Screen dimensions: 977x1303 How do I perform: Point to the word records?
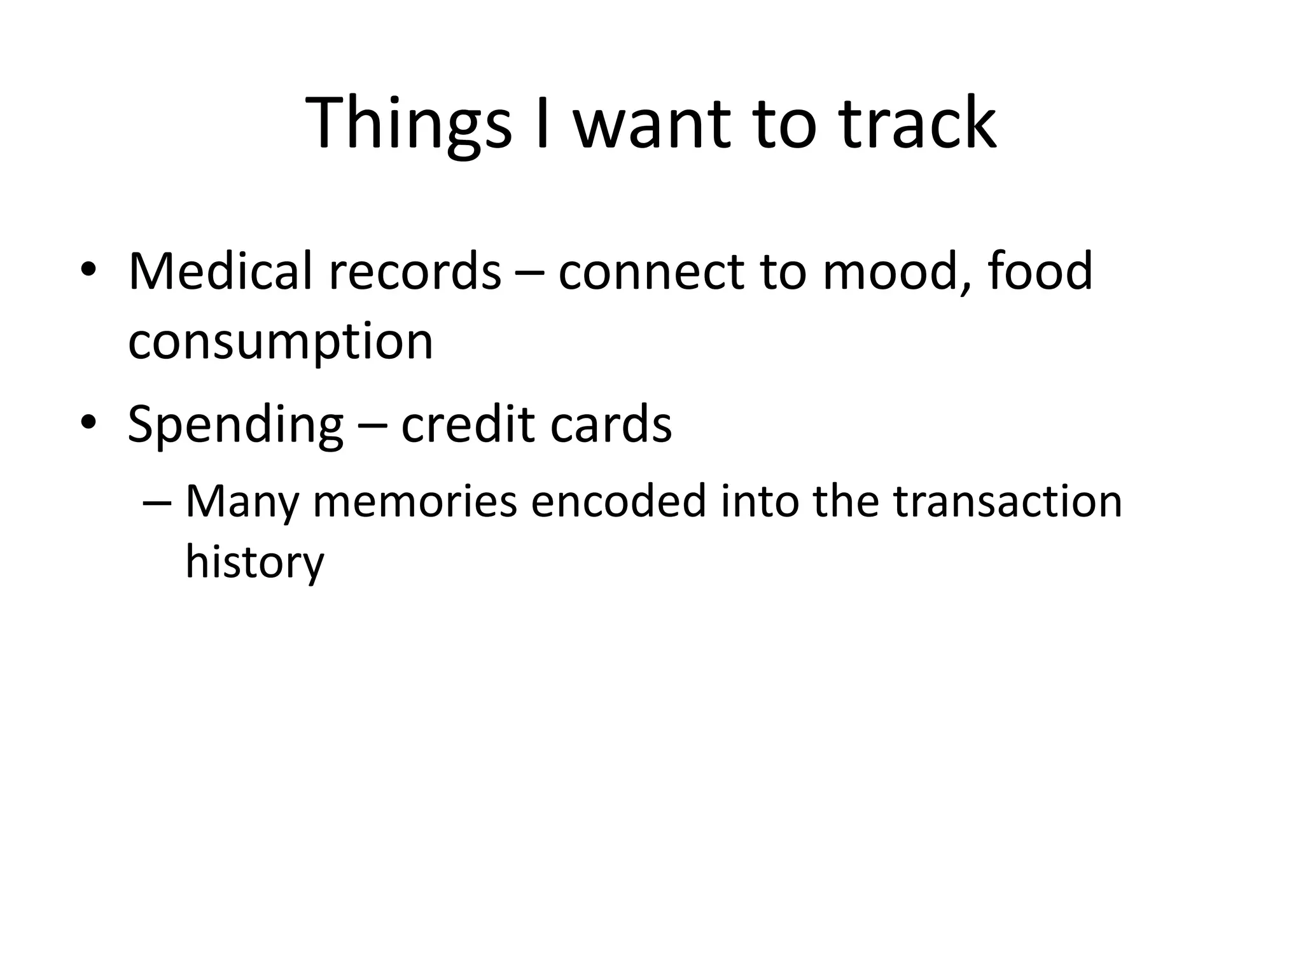415,272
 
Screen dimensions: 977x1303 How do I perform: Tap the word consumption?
281,343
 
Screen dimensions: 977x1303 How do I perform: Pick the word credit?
468,424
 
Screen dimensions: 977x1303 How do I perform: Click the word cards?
611,424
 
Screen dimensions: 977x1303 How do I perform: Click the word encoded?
618,502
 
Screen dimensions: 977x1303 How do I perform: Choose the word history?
254,564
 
